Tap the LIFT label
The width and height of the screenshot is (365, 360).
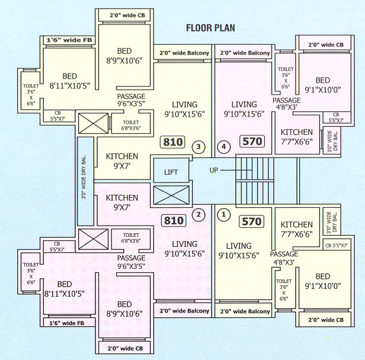click(x=171, y=173)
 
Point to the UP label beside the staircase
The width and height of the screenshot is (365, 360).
click(x=216, y=171)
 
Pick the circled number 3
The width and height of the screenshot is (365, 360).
click(x=199, y=146)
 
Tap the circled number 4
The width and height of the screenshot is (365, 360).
click(x=223, y=146)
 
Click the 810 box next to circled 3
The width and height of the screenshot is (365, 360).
click(x=173, y=142)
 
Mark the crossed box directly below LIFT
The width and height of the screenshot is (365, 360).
click(x=170, y=195)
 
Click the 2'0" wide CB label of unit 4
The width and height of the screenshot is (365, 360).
click(x=325, y=44)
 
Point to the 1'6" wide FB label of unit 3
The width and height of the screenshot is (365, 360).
click(x=69, y=41)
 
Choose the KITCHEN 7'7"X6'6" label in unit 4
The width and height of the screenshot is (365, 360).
click(x=296, y=137)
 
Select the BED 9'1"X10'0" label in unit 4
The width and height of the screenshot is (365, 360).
click(x=322, y=85)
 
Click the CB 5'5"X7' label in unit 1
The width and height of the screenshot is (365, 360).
click(x=336, y=245)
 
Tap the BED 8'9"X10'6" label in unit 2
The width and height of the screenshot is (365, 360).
click(x=124, y=310)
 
